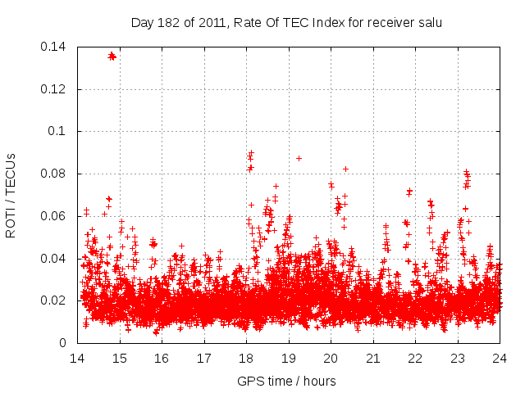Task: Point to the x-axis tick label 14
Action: [77, 358]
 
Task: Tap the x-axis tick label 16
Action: [162, 358]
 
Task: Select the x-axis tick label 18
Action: [246, 358]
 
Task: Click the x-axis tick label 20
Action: [331, 358]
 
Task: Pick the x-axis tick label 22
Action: [415, 358]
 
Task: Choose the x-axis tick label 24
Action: [500, 358]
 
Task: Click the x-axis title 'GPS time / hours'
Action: [286, 381]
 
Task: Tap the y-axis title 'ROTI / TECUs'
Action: [11, 195]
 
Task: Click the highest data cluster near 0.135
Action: [112, 56]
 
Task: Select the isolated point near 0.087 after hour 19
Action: [299, 158]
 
